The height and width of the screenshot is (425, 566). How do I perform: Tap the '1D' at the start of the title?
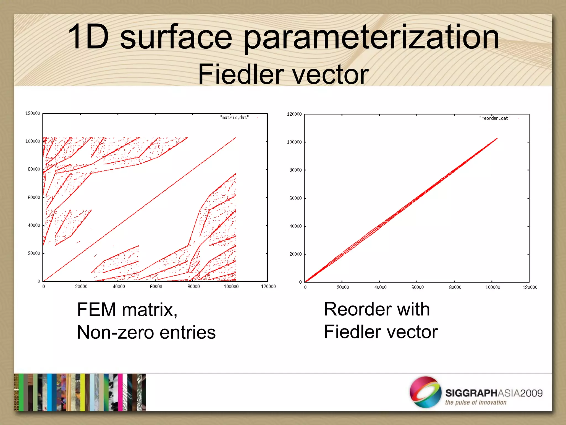coord(88,37)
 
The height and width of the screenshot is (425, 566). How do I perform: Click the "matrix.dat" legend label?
coord(234,118)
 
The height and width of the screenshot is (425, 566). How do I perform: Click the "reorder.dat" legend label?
coord(495,118)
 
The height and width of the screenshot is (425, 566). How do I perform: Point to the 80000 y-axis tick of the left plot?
coord(34,169)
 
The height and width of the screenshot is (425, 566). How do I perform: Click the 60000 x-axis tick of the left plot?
coord(156,287)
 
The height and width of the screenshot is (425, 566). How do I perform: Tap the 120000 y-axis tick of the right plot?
coord(294,114)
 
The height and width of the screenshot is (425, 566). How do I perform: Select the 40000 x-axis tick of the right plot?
coord(380,287)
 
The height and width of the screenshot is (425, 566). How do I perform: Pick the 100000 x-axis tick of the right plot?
coord(492,287)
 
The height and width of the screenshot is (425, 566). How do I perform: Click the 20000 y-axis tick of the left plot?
coord(34,253)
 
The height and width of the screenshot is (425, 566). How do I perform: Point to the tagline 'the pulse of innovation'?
coord(476,402)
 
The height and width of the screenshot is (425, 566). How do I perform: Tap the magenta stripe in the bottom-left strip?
coord(120,392)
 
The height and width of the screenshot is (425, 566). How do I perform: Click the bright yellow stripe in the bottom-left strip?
coord(82,392)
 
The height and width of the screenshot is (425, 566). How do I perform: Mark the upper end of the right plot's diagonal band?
coord(497,139)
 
